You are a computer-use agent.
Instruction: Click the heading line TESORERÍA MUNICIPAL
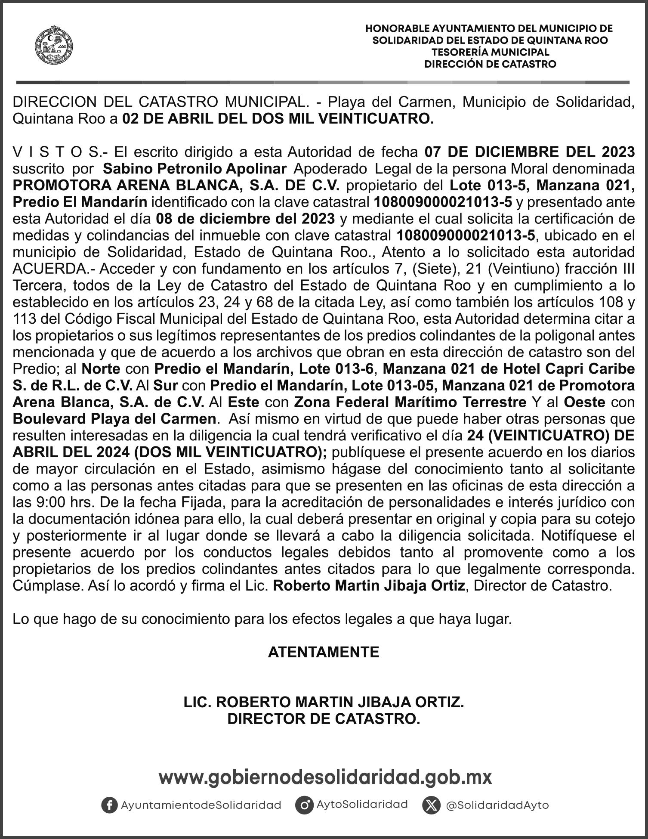(x=490, y=52)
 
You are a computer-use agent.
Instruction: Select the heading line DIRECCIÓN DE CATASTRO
(x=490, y=64)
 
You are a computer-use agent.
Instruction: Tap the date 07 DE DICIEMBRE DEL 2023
(x=529, y=152)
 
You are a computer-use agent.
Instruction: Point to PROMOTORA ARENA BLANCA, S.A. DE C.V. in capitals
(x=176, y=185)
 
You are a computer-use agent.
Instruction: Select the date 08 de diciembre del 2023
(x=245, y=219)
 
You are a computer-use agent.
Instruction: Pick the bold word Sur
(x=166, y=385)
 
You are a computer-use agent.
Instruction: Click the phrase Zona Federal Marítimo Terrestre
(x=410, y=402)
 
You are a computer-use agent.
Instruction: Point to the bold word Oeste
(x=584, y=402)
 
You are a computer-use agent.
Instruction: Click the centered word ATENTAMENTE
(x=324, y=652)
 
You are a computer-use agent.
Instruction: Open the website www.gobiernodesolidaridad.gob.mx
(x=325, y=777)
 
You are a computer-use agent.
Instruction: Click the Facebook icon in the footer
(x=109, y=805)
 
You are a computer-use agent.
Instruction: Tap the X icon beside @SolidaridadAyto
(x=431, y=805)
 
